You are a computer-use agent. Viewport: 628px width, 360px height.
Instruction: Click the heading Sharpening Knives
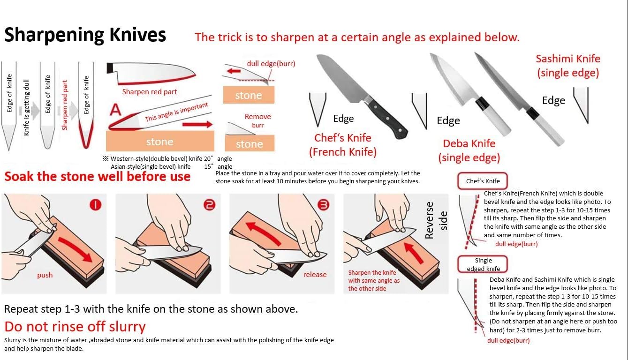[x=85, y=35]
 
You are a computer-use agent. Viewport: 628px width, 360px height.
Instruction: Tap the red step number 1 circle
[x=95, y=205]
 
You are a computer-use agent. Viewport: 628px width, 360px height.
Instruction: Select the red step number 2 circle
[x=210, y=205]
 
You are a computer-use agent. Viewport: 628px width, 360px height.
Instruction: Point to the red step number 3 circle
[x=323, y=205]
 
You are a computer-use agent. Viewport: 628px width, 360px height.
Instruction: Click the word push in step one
[x=45, y=275]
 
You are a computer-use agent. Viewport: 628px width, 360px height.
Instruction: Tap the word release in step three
[x=315, y=275]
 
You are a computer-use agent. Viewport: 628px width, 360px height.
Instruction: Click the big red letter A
[x=115, y=110]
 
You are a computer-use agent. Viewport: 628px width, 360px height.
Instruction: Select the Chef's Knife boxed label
[x=483, y=181]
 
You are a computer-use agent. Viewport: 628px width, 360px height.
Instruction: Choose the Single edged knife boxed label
[x=483, y=264]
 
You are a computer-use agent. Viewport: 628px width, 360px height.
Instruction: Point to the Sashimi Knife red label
[x=568, y=66]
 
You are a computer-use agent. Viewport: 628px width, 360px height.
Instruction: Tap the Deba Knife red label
[x=469, y=150]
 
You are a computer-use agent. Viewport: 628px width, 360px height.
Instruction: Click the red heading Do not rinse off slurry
[x=75, y=327]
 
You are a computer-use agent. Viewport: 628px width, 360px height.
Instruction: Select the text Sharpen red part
[x=150, y=92]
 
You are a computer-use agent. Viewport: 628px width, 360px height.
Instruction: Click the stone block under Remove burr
[x=250, y=143]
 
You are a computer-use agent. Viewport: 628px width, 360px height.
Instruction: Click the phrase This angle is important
[x=176, y=112]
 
